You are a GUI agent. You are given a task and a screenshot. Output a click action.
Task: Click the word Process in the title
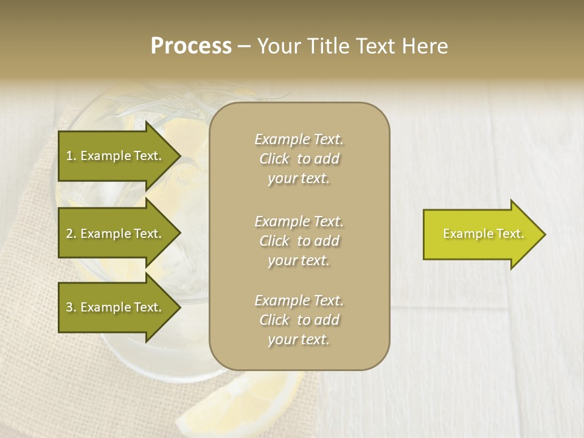coord(191,46)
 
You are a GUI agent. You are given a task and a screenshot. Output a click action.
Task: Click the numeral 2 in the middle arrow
coord(69,234)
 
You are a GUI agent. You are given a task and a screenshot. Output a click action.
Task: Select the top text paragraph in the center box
coord(299,159)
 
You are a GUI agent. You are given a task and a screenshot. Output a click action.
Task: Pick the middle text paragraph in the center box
coord(299,241)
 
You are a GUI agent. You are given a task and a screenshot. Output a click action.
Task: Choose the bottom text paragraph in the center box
coord(299,320)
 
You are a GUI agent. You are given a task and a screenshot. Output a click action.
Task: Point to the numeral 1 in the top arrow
coord(69,156)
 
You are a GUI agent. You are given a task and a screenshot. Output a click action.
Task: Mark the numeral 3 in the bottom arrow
coord(69,307)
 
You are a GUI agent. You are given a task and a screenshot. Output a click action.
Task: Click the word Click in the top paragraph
coord(274,159)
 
